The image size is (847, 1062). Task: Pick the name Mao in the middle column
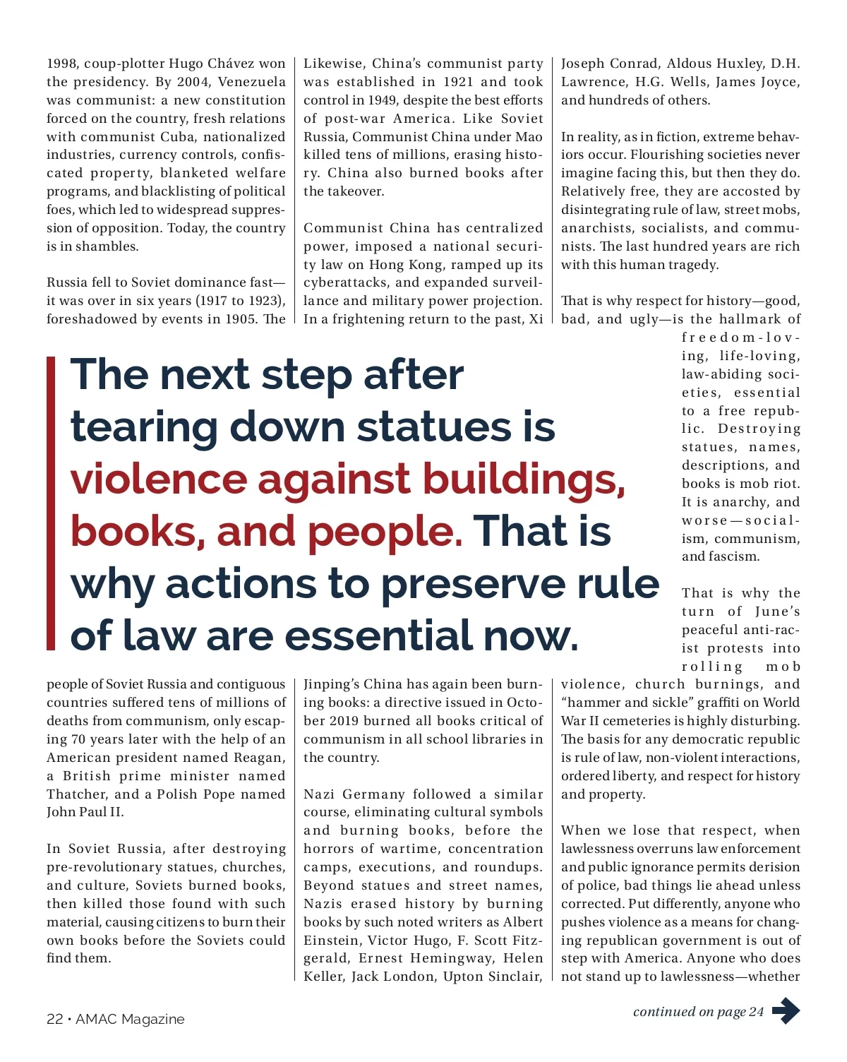coord(529,137)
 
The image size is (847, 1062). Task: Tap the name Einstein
coord(331,941)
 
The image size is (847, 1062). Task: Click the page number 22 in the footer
coord(54,1019)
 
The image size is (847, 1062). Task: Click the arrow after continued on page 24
coord(786,1011)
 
